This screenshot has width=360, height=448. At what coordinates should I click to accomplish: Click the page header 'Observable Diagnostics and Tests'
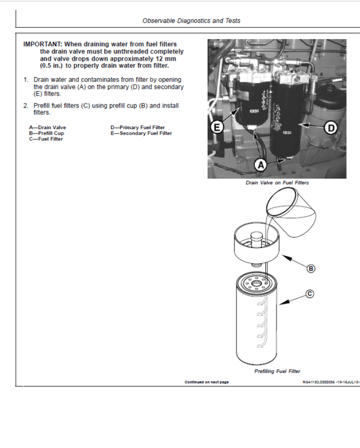pos(191,20)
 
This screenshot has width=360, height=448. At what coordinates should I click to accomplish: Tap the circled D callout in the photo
pos(331,127)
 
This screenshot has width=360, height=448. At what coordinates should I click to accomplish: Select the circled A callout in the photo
pos(260,164)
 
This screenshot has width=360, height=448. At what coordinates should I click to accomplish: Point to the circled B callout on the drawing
pos(311,268)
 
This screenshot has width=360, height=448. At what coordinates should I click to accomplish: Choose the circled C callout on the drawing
pos(310,294)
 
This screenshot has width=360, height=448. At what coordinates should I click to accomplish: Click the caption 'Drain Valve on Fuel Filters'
pos(277,183)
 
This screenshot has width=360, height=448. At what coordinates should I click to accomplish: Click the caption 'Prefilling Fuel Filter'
pos(277,371)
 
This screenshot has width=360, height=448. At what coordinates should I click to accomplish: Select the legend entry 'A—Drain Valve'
pos(47,128)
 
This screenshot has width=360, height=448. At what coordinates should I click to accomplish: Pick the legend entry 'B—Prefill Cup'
pos(46,133)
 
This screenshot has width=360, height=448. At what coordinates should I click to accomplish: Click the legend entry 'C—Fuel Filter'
pos(46,139)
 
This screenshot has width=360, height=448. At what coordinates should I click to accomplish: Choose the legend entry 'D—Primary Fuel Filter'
pos(137,128)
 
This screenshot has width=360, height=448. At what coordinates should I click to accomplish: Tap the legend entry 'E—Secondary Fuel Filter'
pos(141,133)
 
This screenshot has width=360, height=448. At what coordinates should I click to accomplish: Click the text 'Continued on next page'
pos(206,382)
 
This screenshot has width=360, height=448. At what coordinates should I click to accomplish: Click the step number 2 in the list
pos(26,106)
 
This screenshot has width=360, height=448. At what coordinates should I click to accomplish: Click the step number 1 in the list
pos(26,80)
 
